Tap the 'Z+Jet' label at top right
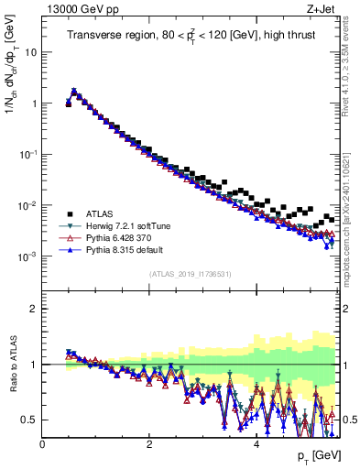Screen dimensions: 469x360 coord(321,10)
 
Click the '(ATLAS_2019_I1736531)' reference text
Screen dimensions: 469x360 coord(190,274)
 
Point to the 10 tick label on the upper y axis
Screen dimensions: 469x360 coord(30,52)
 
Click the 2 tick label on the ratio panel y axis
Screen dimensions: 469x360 coord(35,309)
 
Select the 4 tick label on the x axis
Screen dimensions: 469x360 coord(256,445)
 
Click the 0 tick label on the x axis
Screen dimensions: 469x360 coord(42,445)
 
